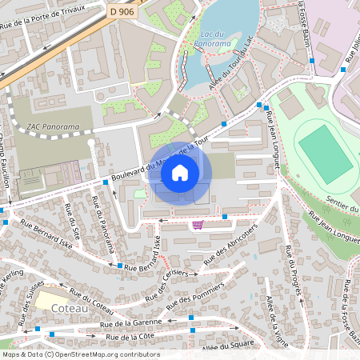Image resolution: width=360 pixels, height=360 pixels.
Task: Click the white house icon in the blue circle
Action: [x=180, y=172]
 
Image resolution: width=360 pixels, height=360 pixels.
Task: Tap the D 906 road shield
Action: [x=122, y=10]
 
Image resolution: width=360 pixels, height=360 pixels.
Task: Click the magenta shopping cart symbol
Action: [x=198, y=225]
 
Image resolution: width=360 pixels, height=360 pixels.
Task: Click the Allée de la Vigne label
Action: [x=276, y=315]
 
